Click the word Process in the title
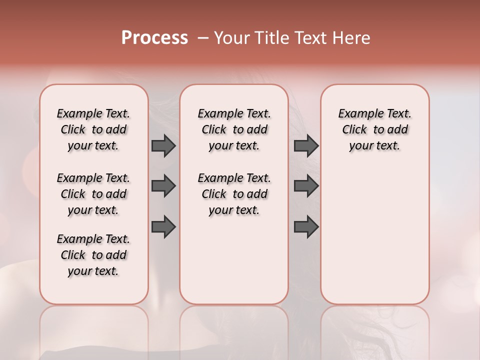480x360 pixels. [x=154, y=38]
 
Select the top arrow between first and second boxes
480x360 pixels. [x=163, y=146]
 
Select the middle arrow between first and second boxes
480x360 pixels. [x=163, y=186]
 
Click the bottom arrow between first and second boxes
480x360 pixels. [x=163, y=227]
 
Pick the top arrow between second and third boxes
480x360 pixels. [x=306, y=146]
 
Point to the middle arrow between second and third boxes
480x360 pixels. [x=306, y=186]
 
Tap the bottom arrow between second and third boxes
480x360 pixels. [x=306, y=227]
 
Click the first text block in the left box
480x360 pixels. [x=93, y=129]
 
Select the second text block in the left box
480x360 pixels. [x=93, y=194]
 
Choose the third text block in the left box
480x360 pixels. [x=93, y=255]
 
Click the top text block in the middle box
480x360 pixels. [x=234, y=129]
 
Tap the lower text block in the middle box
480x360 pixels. [x=234, y=194]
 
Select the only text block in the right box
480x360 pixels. [x=374, y=129]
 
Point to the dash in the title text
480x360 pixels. [x=203, y=38]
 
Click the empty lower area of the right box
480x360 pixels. [x=374, y=230]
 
